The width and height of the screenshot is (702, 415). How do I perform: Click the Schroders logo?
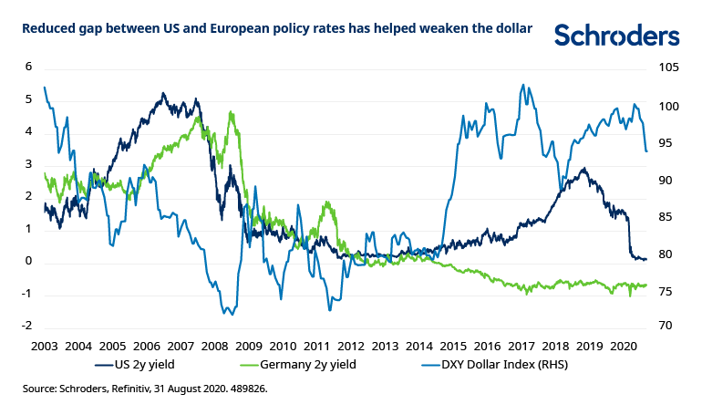point(617,36)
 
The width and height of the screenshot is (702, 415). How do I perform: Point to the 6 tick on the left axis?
point(28,67)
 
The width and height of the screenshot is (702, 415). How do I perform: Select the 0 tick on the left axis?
point(28,261)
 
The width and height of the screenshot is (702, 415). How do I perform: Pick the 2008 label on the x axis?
point(214,347)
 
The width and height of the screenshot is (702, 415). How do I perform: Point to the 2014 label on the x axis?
point(419,347)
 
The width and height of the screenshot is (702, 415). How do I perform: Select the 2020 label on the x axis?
point(624,347)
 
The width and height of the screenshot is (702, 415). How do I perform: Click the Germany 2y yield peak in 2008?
point(232,113)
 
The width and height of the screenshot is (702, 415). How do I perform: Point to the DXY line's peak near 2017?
point(522,85)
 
